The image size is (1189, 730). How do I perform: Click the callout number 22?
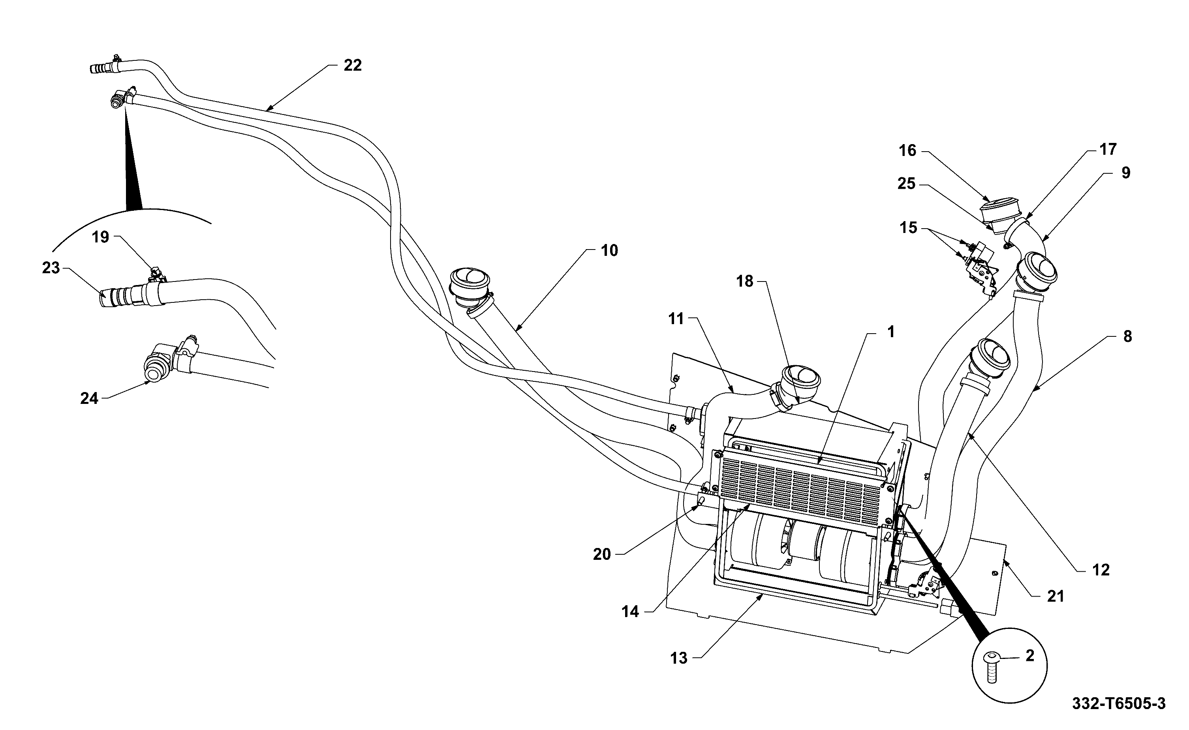pyautogui.click(x=352, y=65)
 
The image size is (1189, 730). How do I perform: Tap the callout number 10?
pyautogui.click(x=609, y=251)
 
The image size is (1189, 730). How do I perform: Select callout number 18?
pyautogui.click(x=744, y=281)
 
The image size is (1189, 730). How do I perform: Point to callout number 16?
pyautogui.click(x=907, y=151)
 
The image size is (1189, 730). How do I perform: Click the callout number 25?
pyautogui.click(x=906, y=184)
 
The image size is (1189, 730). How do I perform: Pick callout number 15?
pyautogui.click(x=909, y=227)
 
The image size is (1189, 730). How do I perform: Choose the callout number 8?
pyautogui.click(x=1127, y=336)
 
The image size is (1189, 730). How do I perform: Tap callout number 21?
pyautogui.click(x=1055, y=597)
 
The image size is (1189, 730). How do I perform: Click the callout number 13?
pyautogui.click(x=679, y=658)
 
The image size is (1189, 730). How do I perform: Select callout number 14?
pyautogui.click(x=630, y=612)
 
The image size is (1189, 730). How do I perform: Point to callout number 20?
pyautogui.click(x=602, y=555)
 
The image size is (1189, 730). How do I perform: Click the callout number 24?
pyautogui.click(x=89, y=398)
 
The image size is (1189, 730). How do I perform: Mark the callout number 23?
pyautogui.click(x=51, y=268)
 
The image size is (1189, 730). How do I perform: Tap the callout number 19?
pyautogui.click(x=100, y=237)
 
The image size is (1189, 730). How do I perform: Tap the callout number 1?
pyautogui.click(x=890, y=332)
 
